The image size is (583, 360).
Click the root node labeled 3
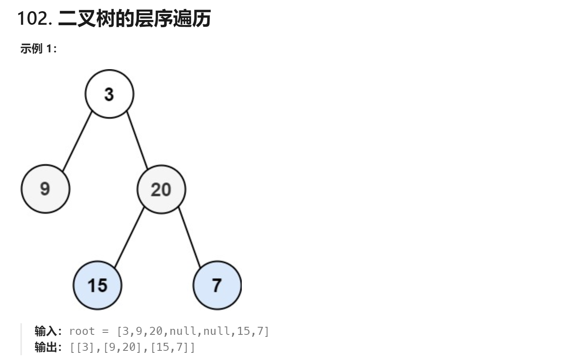[109, 94]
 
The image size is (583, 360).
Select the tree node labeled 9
[45, 189]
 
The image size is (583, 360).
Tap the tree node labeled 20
[161, 189]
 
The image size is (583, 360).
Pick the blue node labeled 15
[97, 285]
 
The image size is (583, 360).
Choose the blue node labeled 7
[217, 285]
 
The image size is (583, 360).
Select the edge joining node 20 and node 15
[129, 237]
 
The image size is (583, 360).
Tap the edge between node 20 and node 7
[189, 237]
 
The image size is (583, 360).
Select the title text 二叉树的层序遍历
[134, 18]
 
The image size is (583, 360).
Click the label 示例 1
[38, 49]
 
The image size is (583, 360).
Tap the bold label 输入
[46, 331]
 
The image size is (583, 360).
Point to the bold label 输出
[46, 347]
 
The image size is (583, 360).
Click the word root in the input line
[82, 331]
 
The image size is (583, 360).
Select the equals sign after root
[105, 331]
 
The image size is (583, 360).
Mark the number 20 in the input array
[156, 331]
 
